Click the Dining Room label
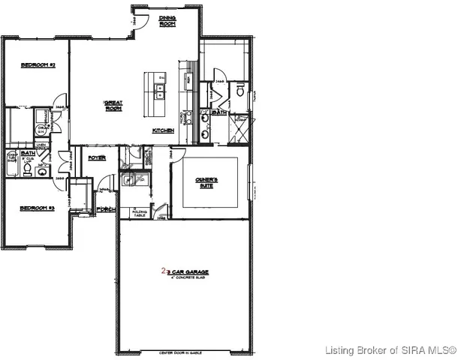(x=167, y=22)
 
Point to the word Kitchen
(x=164, y=130)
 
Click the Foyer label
(x=97, y=158)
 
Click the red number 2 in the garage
(x=163, y=271)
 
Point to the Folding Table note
(x=140, y=213)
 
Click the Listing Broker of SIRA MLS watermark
(x=390, y=350)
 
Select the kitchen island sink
(x=160, y=91)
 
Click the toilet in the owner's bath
(x=240, y=90)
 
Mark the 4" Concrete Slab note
(x=186, y=277)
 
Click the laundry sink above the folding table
(x=128, y=179)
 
